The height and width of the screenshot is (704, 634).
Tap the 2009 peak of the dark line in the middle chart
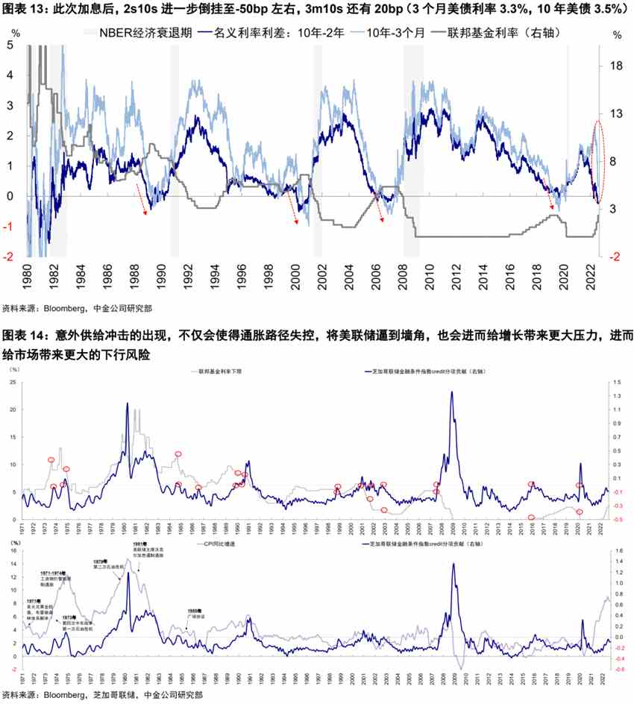point(451,392)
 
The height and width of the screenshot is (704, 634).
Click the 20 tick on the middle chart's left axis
point(13,409)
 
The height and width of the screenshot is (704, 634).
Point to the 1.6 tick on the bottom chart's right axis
point(618,552)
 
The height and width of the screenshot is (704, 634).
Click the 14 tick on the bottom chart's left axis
point(13,565)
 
